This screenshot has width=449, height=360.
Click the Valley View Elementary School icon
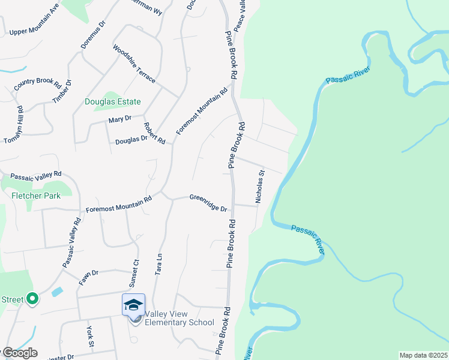tap(133, 305)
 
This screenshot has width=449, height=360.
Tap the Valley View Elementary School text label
tap(179, 318)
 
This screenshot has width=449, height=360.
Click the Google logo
tap(20, 353)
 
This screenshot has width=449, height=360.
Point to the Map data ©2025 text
tap(423, 355)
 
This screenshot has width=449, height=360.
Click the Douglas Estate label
tap(113, 101)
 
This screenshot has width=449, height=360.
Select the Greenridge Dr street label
tap(208, 202)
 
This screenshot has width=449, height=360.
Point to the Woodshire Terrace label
tap(134, 64)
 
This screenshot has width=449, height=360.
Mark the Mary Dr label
tap(119, 120)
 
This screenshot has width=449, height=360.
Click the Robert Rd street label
tap(154, 133)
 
